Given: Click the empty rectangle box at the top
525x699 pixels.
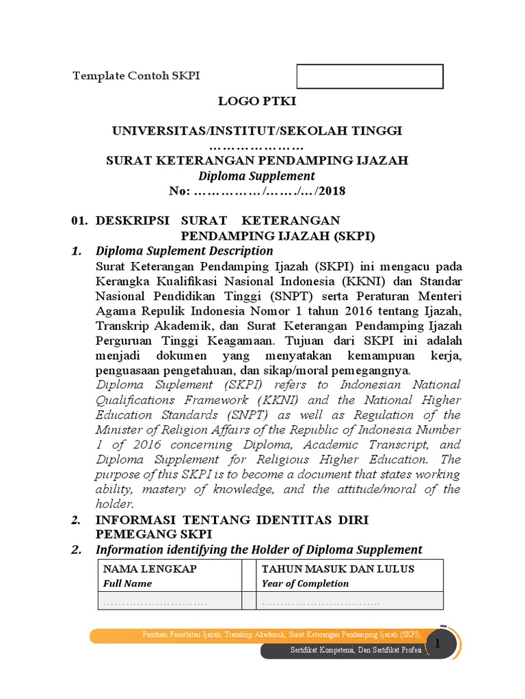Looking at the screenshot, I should click(x=370, y=76).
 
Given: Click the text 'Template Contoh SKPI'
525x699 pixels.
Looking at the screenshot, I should click(x=136, y=75).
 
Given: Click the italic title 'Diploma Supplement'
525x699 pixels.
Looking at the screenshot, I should click(x=257, y=175).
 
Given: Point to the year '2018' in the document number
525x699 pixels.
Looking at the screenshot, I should click(x=332, y=190).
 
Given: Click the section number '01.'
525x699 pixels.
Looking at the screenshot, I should click(x=81, y=220).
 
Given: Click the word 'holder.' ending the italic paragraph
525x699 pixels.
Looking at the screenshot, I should click(x=113, y=504).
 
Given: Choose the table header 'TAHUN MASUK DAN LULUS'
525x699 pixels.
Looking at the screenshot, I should click(x=338, y=569).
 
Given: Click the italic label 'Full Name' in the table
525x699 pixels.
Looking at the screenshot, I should click(x=128, y=584).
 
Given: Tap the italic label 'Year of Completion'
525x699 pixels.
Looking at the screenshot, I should click(x=305, y=584).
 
